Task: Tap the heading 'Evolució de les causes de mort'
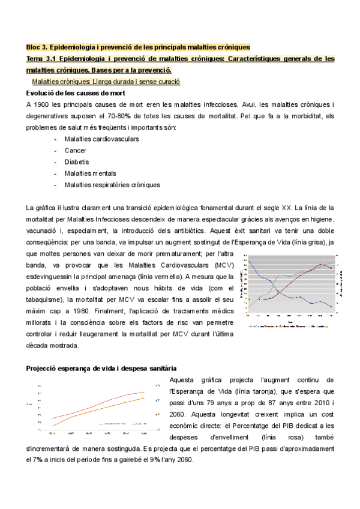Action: (74, 93)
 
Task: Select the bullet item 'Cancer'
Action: (76, 151)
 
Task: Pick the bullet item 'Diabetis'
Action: (77, 162)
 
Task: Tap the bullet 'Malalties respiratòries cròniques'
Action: (112, 185)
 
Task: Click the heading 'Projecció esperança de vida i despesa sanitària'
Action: (101, 368)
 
